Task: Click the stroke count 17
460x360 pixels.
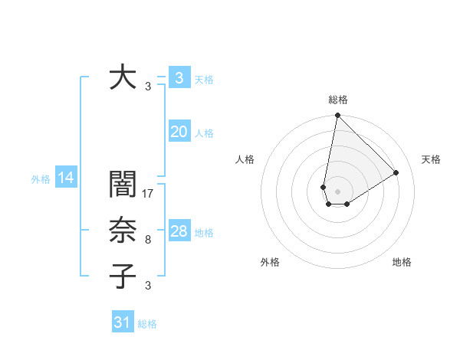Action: tap(149, 193)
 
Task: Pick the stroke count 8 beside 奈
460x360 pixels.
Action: tap(148, 240)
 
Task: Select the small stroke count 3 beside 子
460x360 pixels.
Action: tap(148, 286)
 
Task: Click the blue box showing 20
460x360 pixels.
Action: tap(179, 132)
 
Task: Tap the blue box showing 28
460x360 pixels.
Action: tap(179, 231)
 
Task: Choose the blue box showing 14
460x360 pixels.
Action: tap(66, 178)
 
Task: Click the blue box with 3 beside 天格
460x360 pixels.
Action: tap(179, 78)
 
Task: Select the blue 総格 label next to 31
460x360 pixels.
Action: tap(147, 324)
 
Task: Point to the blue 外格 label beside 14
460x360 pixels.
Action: tap(41, 179)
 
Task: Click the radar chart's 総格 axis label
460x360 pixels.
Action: tap(337, 100)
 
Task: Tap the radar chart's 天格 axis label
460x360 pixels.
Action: tap(431, 159)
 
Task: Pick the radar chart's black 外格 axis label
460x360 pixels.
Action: tap(270, 262)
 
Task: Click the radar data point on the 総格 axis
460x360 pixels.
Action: tap(337, 116)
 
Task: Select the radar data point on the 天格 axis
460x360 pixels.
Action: tap(396, 172)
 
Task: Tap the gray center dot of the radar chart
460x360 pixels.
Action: tap(337, 190)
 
